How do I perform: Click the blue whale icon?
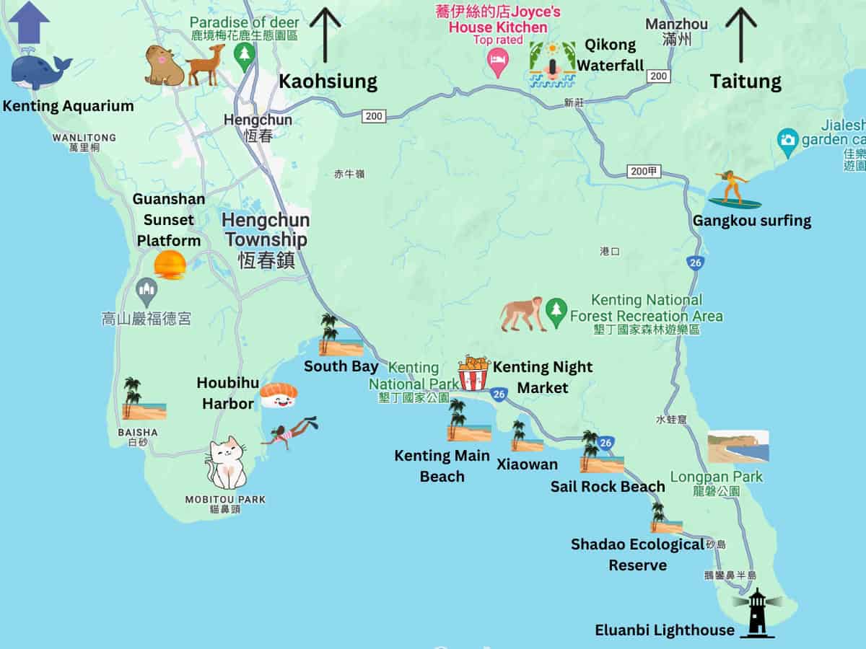coord(40,71)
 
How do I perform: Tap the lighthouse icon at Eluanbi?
coord(756,613)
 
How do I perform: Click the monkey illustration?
coord(523,314)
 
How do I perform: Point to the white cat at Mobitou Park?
coord(227,463)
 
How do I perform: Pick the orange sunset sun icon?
coord(170,265)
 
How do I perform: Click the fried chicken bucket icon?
coord(474,373)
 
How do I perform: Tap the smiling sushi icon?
coord(279,394)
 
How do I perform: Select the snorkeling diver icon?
coord(291,433)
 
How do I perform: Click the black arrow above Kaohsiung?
coord(325,35)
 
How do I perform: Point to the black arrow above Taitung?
coord(741,35)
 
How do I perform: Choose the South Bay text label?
coord(341,366)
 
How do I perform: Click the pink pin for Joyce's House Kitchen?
coord(497,63)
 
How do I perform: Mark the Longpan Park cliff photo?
coord(738,446)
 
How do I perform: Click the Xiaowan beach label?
coord(527,464)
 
